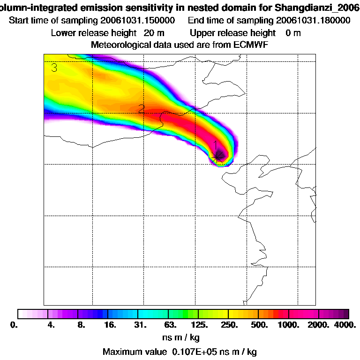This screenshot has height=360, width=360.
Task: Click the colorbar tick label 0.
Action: [x=14, y=325]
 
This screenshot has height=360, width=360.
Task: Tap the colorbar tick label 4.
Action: [x=51, y=325]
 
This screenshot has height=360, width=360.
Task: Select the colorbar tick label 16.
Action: [x=109, y=325]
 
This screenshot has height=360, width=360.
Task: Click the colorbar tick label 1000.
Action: [x=289, y=325]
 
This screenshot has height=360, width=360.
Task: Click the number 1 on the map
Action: [x=216, y=145]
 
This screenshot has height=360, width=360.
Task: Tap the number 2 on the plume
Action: [x=141, y=110]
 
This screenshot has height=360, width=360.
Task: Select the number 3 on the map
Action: [x=54, y=68]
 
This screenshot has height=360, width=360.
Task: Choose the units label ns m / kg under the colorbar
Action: [x=182, y=337]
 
